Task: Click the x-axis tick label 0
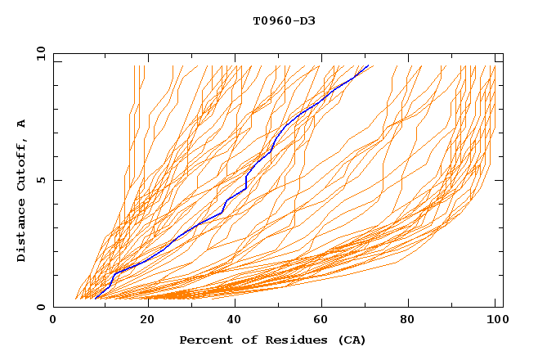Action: pos(53,322)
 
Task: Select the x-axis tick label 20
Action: pos(146,322)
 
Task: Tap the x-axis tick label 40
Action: pos(235,322)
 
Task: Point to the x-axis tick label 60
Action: pos(323,322)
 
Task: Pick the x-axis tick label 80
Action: pos(411,322)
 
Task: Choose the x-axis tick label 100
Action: pos(496,322)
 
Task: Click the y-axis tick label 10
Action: pos(39,53)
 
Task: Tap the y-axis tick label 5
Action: pos(39,180)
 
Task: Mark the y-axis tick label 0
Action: pos(39,307)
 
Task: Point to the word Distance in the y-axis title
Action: pos(21,229)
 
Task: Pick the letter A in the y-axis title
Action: pos(21,124)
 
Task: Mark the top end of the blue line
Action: pos(368,65)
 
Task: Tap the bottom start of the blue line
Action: pos(96,298)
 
